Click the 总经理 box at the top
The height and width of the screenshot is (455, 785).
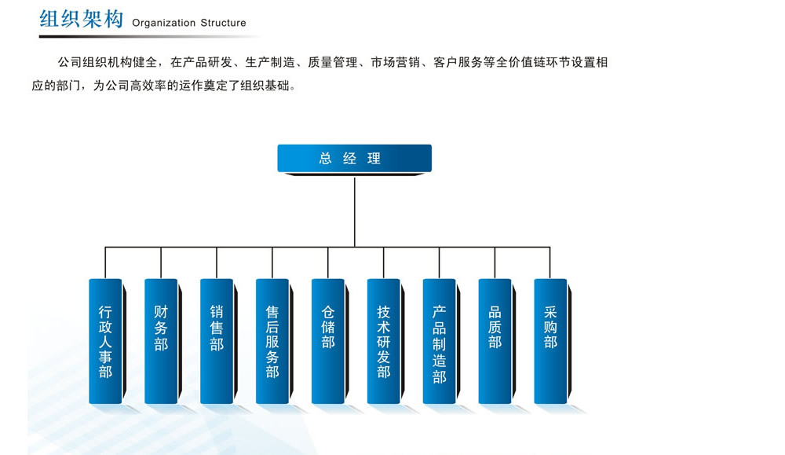[x=355, y=159]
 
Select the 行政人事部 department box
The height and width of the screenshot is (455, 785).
[x=105, y=341]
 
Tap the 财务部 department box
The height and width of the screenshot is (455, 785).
[x=161, y=341]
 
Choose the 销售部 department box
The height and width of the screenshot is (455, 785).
[x=217, y=341]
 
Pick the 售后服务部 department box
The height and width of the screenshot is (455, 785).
[x=272, y=341]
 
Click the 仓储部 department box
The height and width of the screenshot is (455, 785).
[x=328, y=341]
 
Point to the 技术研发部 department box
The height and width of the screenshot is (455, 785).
[x=384, y=341]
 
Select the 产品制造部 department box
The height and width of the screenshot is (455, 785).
[x=439, y=341]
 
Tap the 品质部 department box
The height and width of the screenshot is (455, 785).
[x=495, y=341]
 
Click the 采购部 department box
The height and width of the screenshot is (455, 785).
[x=550, y=341]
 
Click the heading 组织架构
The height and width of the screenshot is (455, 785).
[x=82, y=19]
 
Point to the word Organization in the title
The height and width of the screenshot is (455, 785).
[x=164, y=23]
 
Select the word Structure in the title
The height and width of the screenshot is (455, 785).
[x=223, y=23]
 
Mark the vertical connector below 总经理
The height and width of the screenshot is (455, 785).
[x=355, y=212]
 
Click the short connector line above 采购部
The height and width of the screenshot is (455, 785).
[x=550, y=262]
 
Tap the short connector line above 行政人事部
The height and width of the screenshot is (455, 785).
[x=105, y=262]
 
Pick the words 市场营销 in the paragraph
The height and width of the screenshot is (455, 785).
[x=395, y=63]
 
